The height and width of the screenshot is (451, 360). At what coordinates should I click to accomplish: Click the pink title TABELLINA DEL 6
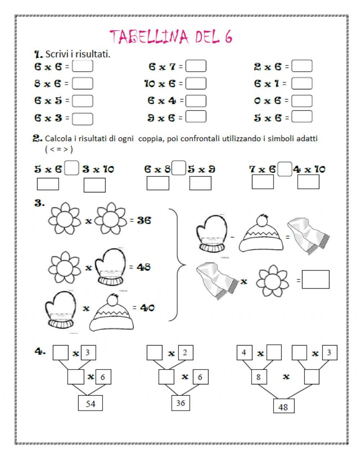pos(171,36)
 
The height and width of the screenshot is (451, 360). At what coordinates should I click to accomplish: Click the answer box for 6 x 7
pos(196,66)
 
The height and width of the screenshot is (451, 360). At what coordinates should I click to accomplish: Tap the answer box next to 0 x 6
pos(302,101)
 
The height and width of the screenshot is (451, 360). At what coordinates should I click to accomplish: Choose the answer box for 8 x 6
pos(82,84)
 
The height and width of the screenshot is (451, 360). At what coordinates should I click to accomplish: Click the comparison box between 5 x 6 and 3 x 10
pos(72,169)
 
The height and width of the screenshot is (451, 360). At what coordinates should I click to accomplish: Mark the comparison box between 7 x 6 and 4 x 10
pos(285,169)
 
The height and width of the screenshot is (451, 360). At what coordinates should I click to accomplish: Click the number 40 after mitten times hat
pos(147,308)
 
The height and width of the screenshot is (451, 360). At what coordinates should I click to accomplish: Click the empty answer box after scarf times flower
pos(315,280)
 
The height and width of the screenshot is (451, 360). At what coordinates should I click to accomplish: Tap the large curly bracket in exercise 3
pos(178,267)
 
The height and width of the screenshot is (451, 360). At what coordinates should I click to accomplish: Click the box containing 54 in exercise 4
pos(90,404)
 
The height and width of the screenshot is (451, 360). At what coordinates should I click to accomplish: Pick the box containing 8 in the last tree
pos(258,378)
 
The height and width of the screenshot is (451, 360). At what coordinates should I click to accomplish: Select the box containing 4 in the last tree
pos(244,352)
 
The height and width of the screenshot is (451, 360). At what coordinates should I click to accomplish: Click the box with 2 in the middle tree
pos(185,352)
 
